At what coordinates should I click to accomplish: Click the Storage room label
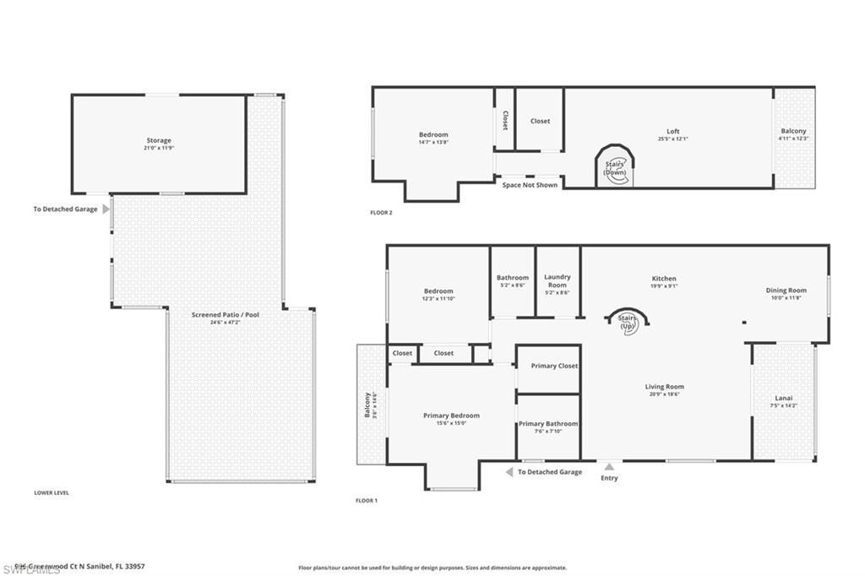[x=158, y=140]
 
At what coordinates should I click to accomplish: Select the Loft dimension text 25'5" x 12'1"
[x=673, y=139]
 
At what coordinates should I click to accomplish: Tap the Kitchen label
[x=663, y=279]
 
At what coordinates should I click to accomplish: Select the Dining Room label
[x=786, y=291]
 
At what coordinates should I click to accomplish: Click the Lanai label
[x=784, y=398]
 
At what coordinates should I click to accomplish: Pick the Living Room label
[x=664, y=386]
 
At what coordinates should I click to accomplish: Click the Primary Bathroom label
[x=548, y=424]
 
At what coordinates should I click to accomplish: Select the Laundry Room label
[x=557, y=281]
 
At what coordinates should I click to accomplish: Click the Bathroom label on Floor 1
[x=512, y=277]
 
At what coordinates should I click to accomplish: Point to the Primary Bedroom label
[x=451, y=416]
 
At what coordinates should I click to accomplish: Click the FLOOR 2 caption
[x=381, y=213]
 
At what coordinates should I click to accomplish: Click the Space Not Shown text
[x=530, y=185]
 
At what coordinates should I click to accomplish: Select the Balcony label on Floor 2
[x=793, y=131]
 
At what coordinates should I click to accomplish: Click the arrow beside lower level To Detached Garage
[x=106, y=209]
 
